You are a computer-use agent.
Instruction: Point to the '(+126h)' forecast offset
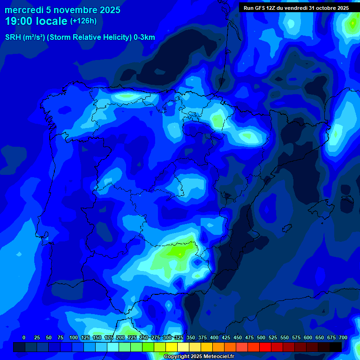pyautogui.click(x=83, y=21)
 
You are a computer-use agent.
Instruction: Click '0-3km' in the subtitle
pyautogui.click(x=144, y=37)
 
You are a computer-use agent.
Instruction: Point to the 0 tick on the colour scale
pyautogui.click(x=24, y=337)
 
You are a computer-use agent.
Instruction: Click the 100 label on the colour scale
pyautogui.click(x=74, y=337)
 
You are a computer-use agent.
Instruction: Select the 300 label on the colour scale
pyautogui.click(x=167, y=337)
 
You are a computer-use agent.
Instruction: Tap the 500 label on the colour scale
pyautogui.click(x=261, y=337)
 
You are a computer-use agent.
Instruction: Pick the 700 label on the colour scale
pyautogui.click(x=343, y=337)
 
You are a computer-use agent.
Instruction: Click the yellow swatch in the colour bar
pyautogui.click(x=171, y=347)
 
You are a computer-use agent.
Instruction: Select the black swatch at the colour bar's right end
pyautogui.click(x=335, y=347)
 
